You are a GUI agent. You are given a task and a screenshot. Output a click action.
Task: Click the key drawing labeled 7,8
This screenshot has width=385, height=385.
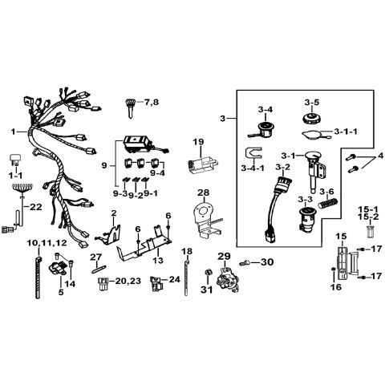tap(131, 108)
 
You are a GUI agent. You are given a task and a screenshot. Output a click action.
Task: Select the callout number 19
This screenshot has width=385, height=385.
tap(198, 142)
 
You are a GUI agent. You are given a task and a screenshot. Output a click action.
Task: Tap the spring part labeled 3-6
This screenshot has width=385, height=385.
tap(329, 203)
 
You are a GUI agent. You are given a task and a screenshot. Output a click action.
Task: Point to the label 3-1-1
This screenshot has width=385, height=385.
tap(346, 132)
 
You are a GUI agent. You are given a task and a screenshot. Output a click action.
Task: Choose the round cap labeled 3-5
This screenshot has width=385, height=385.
tap(312, 119)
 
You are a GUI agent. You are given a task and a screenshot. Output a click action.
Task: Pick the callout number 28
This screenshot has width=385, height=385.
tap(204, 192)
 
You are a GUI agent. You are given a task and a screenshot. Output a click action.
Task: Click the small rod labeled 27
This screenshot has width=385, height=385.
tap(99, 269)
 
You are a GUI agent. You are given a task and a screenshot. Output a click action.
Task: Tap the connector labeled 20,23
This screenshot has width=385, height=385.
tap(102, 284)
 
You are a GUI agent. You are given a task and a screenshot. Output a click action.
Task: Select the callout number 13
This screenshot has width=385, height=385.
tap(158, 260)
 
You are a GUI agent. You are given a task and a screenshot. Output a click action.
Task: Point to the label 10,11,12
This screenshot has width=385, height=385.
tap(47, 243)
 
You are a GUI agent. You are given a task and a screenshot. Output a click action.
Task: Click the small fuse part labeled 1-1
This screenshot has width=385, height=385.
tap(16, 160)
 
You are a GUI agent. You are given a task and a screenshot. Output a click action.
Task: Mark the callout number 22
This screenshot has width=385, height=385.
tap(36, 207)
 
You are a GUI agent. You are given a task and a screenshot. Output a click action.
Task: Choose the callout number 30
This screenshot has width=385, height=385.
tap(267, 262)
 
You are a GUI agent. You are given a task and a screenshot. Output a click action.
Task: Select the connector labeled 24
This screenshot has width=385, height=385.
tap(156, 284)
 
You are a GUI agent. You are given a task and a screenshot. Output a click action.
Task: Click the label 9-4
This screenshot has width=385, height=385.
tap(157, 173)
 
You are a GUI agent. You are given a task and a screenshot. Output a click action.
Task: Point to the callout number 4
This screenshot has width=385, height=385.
tap(380, 156)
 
